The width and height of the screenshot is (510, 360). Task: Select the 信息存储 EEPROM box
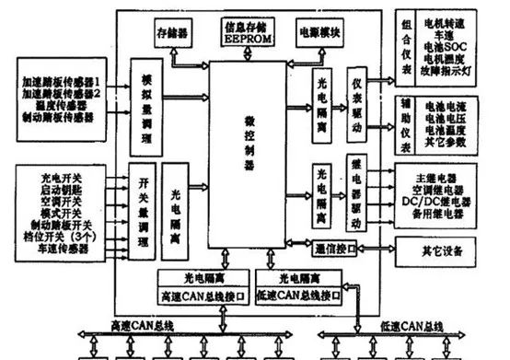pyautogui.click(x=247, y=31)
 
